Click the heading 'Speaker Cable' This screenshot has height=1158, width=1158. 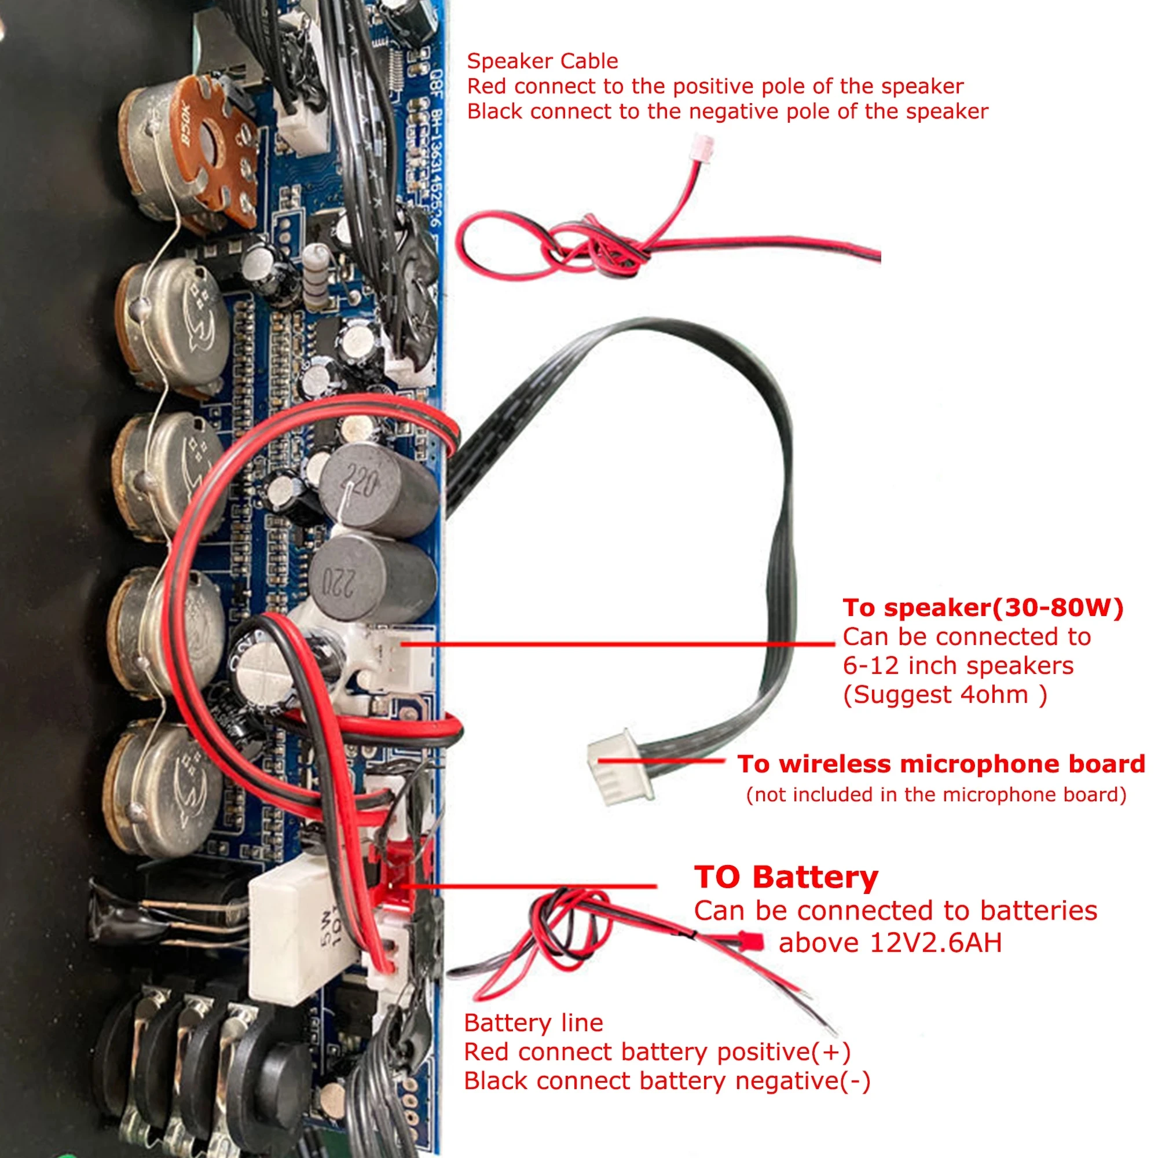click(542, 61)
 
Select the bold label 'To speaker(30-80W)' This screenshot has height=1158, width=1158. click(983, 608)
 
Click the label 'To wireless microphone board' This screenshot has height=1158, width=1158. click(941, 764)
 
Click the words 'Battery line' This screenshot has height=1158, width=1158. click(533, 1023)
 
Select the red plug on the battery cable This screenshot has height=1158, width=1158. click(750, 941)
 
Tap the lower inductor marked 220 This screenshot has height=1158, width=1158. click(372, 578)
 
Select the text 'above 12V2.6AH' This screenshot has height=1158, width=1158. click(890, 943)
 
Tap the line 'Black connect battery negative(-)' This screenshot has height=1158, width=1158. click(666, 1081)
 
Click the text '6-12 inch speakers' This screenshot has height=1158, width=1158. click(958, 666)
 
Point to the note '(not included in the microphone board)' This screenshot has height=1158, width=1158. click(936, 795)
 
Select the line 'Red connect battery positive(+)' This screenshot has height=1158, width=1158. click(657, 1052)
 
